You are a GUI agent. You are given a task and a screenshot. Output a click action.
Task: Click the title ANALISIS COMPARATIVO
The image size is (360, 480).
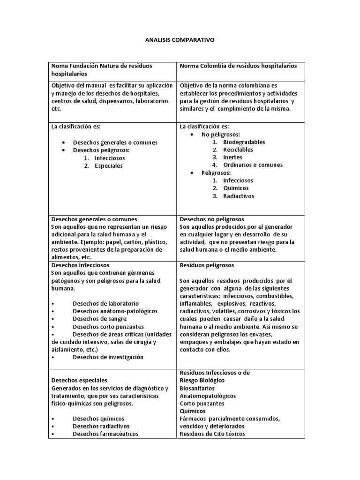tap(180, 40)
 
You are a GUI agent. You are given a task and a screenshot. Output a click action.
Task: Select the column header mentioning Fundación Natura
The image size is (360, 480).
tap(102, 70)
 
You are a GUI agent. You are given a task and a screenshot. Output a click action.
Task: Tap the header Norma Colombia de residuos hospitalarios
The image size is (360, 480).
tap(238, 66)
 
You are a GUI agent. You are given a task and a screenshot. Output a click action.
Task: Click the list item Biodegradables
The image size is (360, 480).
tap(244, 142)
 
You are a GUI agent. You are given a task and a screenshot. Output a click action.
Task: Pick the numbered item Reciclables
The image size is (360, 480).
tap(238, 150)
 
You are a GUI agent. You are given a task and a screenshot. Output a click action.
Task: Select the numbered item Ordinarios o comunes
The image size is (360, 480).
tap(253, 165)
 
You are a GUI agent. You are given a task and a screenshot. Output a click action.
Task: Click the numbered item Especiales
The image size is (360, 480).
tap(108, 165)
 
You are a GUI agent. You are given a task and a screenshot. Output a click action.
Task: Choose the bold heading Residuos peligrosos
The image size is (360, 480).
tap(207, 265)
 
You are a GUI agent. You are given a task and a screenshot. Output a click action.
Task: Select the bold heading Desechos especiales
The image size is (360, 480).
tap(79, 380)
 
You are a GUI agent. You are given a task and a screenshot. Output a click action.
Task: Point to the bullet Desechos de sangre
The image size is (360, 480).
tap(96, 319)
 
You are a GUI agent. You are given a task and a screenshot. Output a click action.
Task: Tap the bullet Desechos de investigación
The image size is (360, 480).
tap(108, 357)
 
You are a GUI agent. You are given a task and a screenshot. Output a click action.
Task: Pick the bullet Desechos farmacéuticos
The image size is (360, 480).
tap(105, 434)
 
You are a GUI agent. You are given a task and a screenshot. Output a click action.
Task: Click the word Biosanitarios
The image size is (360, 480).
tap(197, 388)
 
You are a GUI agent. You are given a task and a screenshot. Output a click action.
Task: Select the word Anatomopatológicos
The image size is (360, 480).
tap(208, 396)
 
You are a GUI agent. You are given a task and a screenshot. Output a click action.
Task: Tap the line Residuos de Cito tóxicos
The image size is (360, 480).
tap(212, 434)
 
